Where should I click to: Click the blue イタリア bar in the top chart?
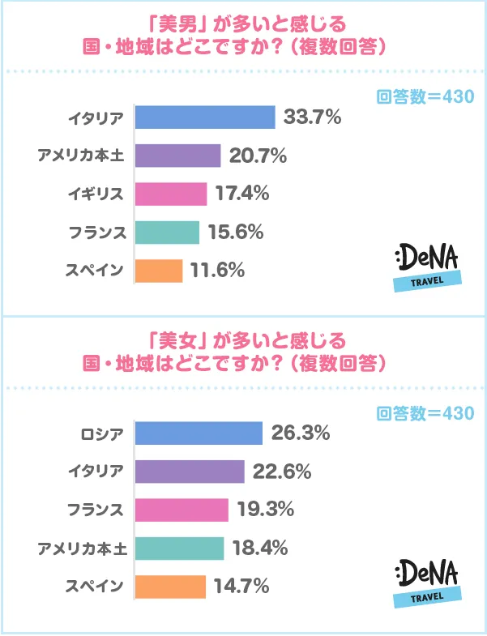pos(205,117)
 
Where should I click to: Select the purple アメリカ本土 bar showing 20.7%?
pos(177,156)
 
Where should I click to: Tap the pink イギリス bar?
pos(170,194)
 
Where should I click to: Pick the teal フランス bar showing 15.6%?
pos(166,232)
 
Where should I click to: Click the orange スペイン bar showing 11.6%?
pos(158,270)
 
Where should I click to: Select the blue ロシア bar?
pos(199,433)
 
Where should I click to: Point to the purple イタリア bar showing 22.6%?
pos(189,472)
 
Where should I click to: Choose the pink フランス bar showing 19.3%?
pos(182,510)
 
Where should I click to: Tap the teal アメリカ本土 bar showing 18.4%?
pos(179,548)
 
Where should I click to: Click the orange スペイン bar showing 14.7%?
pos(170,586)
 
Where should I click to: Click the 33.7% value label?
pos(312,117)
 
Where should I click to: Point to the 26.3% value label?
pos(300,433)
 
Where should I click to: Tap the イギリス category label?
pos(96,194)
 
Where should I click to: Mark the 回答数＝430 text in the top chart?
pos(425,98)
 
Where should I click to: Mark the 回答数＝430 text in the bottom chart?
pos(425,413)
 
